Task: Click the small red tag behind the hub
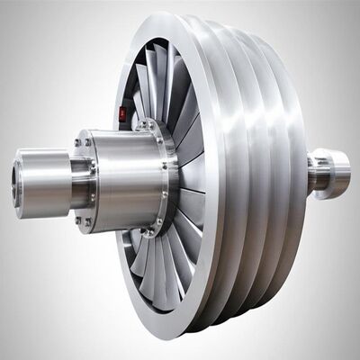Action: pyautogui.click(x=123, y=113)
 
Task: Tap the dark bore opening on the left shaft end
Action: pyautogui.click(x=17, y=181)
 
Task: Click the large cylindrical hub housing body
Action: pyautogui.click(x=126, y=176)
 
